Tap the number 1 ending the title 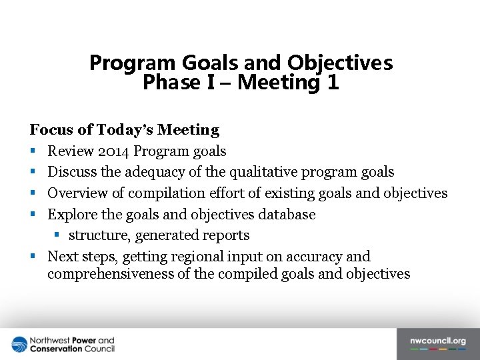pos(333,83)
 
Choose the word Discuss pos(72,172)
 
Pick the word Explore pos(71,214)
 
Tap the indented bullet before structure pos(57,235)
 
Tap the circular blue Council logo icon pos(19,345)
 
